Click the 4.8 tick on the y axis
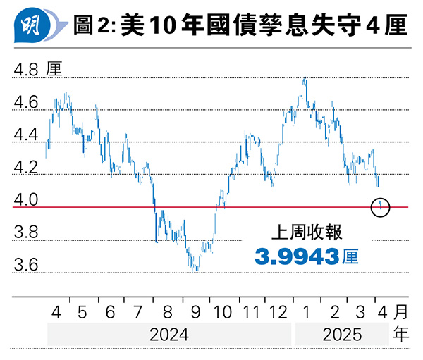pos(25,70)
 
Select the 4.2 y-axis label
pos(25,168)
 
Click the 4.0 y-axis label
pos(25,201)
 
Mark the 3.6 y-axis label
pos(25,266)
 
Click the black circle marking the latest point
pos(381,206)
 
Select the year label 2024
pos(169,334)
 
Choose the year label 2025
pos(341,334)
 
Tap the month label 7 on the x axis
pos(136,311)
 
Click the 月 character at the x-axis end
pos(400,311)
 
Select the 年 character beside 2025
pos(400,334)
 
